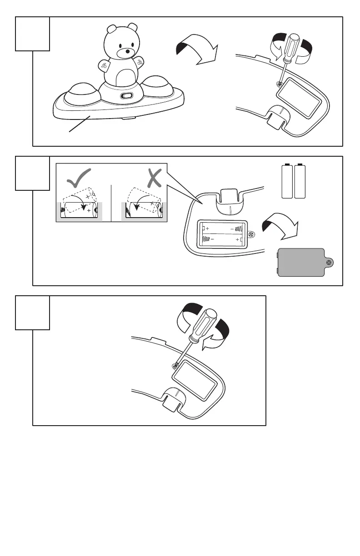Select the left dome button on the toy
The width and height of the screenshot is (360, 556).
click(80, 93)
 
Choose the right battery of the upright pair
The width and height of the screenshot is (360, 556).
click(299, 182)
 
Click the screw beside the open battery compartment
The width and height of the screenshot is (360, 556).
click(253, 234)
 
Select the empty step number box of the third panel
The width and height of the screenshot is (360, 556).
click(32, 313)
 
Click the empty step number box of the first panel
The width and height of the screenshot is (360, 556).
click(32, 34)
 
